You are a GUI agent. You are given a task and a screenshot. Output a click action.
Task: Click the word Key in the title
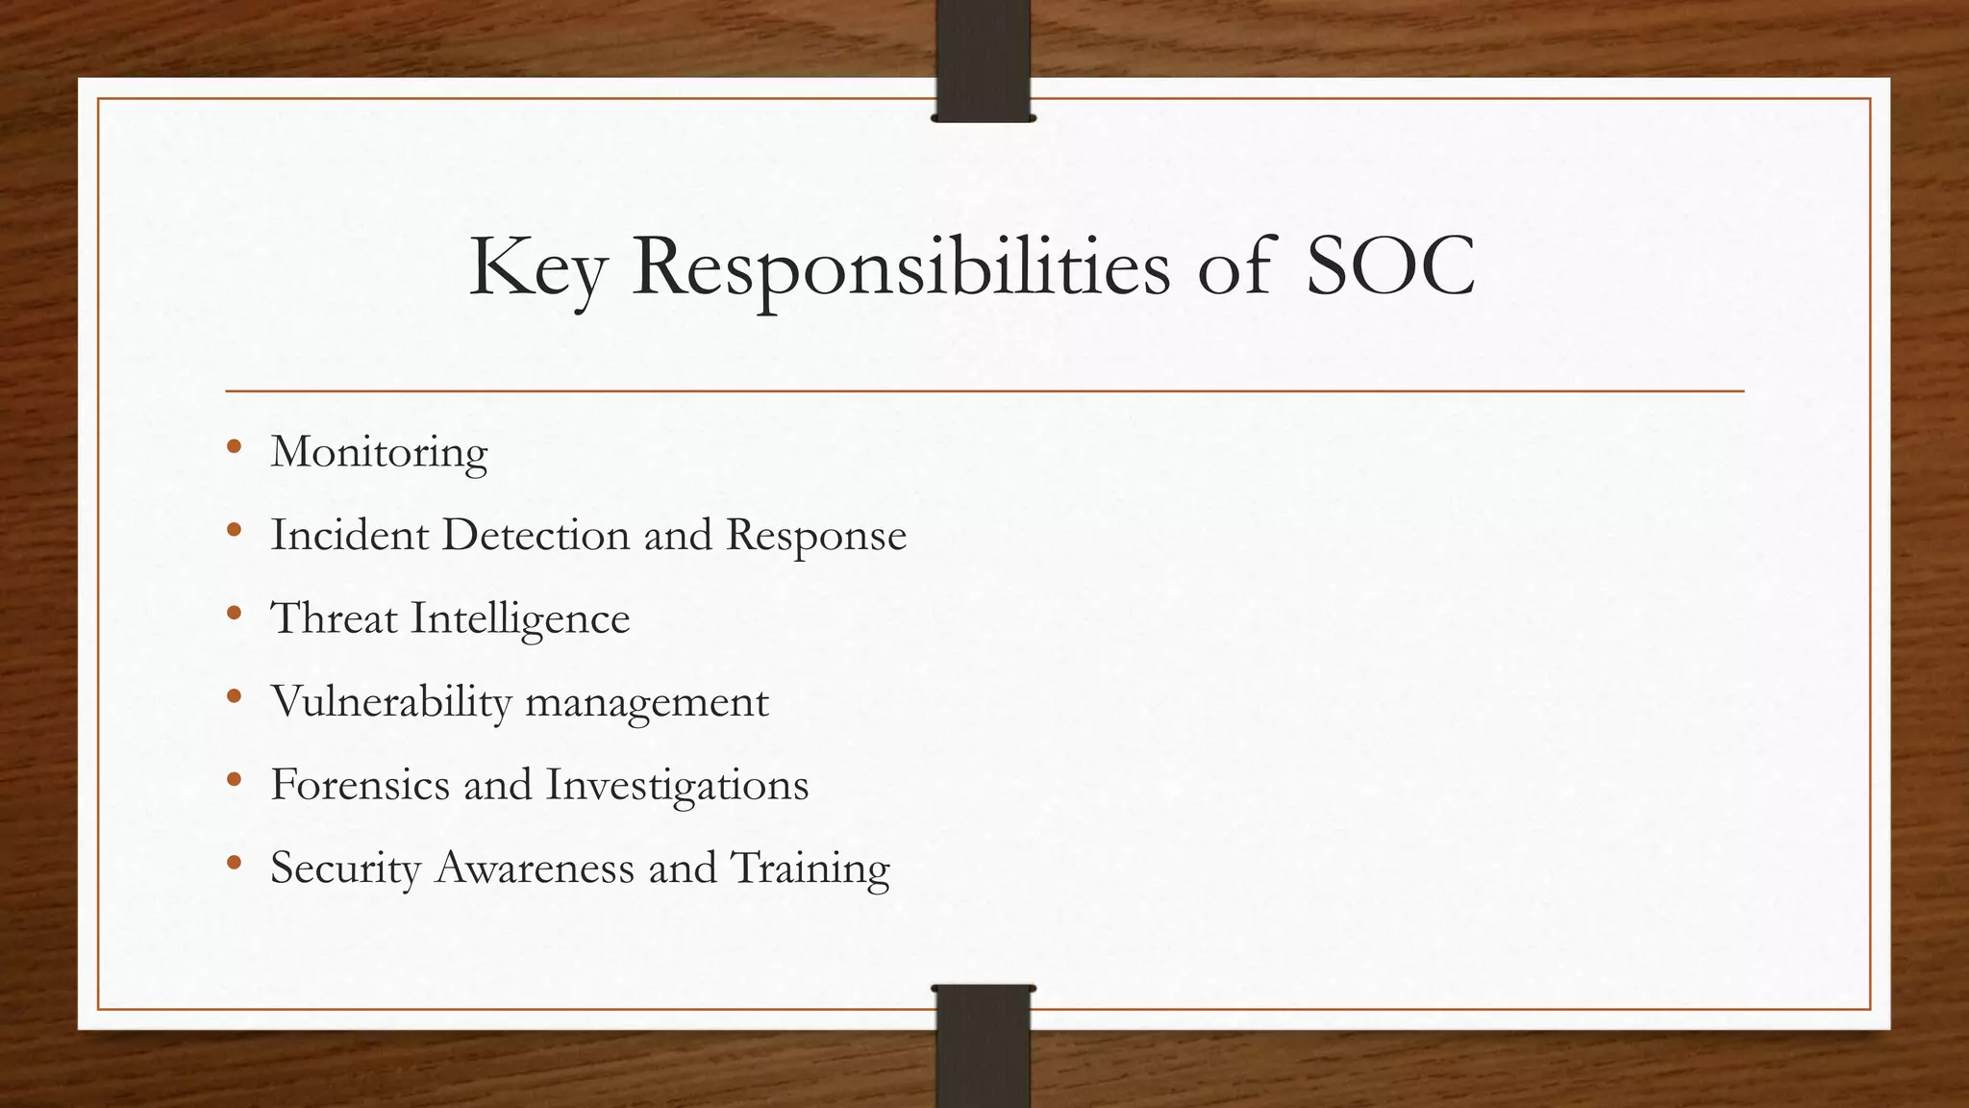536,267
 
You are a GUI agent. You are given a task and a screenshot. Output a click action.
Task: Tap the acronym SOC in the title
1389,267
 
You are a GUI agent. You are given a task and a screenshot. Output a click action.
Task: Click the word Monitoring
379,452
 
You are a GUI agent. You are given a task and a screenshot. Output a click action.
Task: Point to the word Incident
349,535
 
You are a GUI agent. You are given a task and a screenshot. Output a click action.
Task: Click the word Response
816,535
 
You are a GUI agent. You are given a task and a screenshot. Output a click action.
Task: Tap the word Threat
334,618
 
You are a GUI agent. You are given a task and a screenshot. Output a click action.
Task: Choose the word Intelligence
520,618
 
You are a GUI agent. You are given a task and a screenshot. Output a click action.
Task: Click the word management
647,701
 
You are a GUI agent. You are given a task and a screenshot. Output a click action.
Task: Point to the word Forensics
360,784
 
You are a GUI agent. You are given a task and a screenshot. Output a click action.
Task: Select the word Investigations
677,784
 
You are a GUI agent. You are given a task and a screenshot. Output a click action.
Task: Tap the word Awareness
534,868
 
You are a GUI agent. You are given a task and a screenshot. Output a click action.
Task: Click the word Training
810,868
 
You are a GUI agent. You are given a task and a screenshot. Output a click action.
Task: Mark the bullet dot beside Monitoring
235,446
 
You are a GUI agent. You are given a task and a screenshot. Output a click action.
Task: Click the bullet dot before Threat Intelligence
235,613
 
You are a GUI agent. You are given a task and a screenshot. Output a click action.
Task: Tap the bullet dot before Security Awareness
235,862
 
